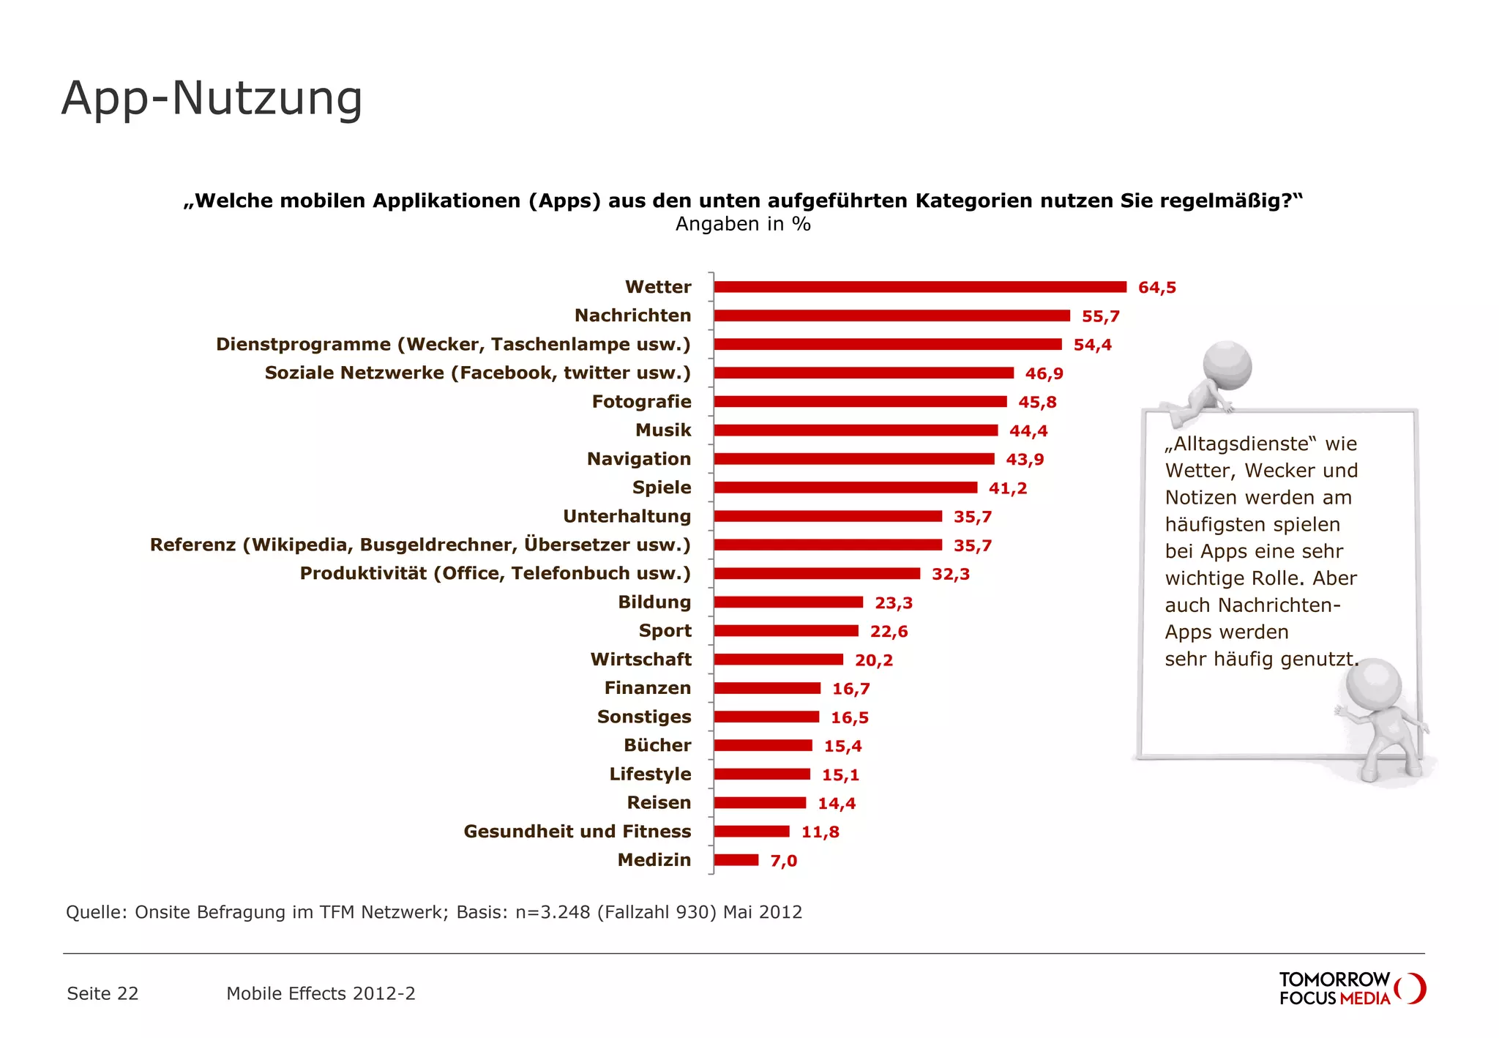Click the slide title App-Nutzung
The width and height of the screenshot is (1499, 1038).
pyautogui.click(x=212, y=98)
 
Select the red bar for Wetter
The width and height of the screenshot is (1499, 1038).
pyautogui.click(x=919, y=287)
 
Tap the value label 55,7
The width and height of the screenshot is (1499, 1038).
pyautogui.click(x=1100, y=316)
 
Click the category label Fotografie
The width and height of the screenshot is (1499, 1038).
pyautogui.click(x=641, y=402)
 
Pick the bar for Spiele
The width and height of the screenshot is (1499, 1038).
pyautogui.click(x=845, y=488)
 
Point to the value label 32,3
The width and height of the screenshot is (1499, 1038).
pyautogui.click(x=950, y=574)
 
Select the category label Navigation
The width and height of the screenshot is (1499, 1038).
pyautogui.click(x=638, y=459)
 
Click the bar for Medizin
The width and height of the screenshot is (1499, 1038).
pyautogui.click(x=736, y=860)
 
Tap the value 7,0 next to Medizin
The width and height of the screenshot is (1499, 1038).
pyautogui.click(x=783, y=861)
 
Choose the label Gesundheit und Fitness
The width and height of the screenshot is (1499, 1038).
pyautogui.click(x=577, y=832)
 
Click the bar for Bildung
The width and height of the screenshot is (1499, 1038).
pyautogui.click(x=788, y=602)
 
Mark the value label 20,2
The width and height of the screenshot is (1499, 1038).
pyautogui.click(x=873, y=660)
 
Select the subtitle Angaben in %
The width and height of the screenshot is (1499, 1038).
pyautogui.click(x=742, y=224)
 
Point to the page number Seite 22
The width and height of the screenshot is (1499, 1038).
pyautogui.click(x=102, y=993)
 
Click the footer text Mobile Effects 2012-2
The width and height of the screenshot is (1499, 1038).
pyautogui.click(x=321, y=993)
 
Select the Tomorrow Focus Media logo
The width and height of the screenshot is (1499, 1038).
pyautogui.click(x=1351, y=989)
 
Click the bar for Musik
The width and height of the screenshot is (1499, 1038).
pyautogui.click(x=855, y=430)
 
